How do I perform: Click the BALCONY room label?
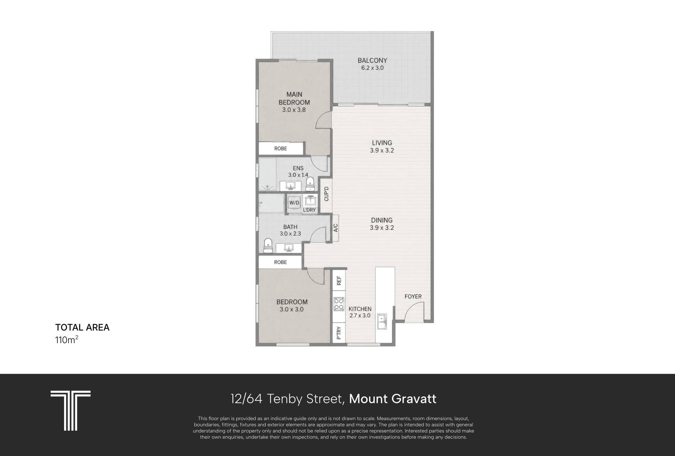click(372, 60)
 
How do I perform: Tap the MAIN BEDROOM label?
click(294, 98)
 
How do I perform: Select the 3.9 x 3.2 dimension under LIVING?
click(382, 150)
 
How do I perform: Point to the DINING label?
click(382, 220)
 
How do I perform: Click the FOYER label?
click(413, 296)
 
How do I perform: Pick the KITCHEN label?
click(360, 309)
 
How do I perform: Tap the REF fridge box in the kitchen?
click(339, 281)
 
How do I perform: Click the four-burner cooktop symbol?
click(339, 304)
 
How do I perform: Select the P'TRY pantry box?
click(339, 333)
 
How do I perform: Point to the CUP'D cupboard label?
click(326, 194)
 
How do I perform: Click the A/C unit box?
click(335, 228)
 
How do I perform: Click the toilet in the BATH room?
click(268, 245)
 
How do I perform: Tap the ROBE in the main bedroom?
click(281, 148)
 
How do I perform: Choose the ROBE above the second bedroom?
click(281, 262)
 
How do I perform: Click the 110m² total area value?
click(66, 340)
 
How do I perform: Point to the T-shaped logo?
click(71, 410)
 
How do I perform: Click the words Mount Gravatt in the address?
click(393, 399)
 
